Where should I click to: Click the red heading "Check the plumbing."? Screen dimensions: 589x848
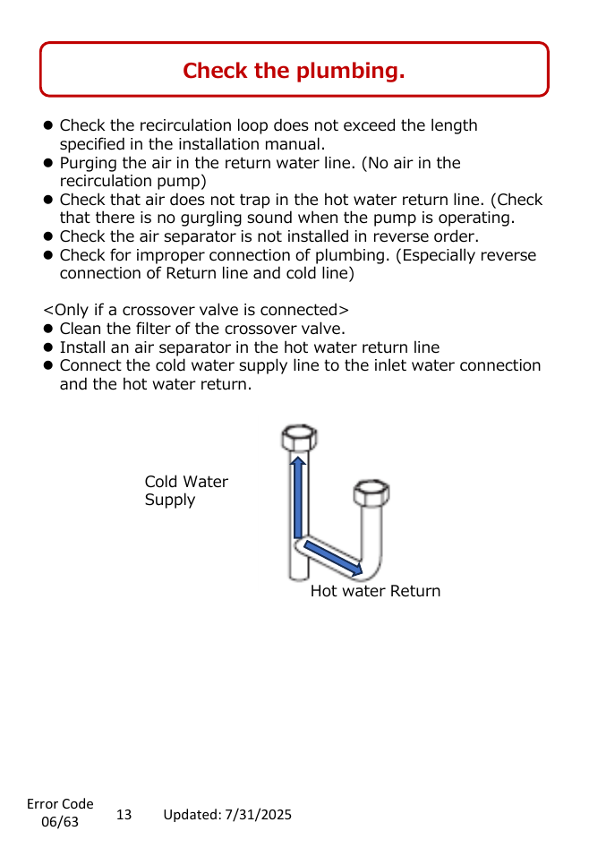click(294, 71)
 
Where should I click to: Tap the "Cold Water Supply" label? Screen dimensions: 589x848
click(186, 491)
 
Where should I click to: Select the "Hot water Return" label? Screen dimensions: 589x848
click(375, 591)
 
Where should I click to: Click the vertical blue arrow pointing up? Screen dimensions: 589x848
click(297, 496)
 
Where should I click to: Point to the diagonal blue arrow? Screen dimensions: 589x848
click(333, 558)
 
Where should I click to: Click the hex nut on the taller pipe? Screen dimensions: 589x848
click(299, 437)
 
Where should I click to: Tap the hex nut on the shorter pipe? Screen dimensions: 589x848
click(371, 493)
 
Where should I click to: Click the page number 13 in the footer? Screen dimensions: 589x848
click(124, 815)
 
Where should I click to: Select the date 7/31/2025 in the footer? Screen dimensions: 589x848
click(258, 815)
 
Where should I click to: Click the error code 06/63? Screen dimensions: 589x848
click(60, 821)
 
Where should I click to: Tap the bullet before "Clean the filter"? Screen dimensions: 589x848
click(48, 329)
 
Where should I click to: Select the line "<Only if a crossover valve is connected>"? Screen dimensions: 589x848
click(196, 310)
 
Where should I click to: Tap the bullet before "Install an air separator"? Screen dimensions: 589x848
click(48, 347)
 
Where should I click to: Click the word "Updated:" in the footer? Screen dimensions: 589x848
click(192, 815)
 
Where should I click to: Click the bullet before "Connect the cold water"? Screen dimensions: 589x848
click(48, 365)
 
